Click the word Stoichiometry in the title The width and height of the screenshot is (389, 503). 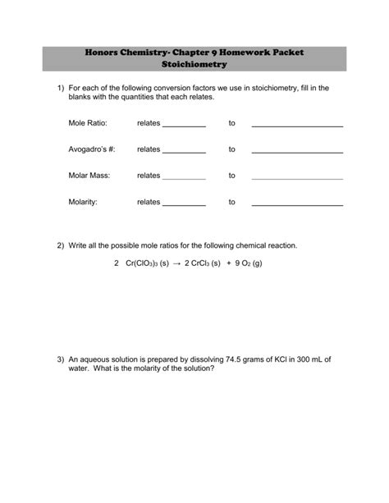coord(194,64)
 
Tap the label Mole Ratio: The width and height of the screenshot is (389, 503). coord(88,123)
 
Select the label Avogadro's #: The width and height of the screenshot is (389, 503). coord(92,149)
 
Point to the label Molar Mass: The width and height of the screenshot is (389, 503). coord(89,176)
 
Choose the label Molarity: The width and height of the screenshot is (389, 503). coord(84,202)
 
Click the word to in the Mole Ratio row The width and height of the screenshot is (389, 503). coord(231,123)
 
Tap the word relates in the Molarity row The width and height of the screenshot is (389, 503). coord(149,202)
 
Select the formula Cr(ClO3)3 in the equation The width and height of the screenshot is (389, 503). coord(141,263)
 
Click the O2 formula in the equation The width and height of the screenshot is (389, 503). coord(249,263)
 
